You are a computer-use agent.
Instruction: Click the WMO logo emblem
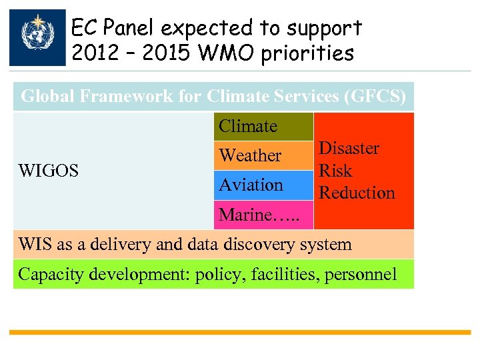pyautogui.click(x=37, y=37)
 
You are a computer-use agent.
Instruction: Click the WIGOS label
pyautogui.click(x=49, y=171)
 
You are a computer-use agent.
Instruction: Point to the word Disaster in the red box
pyautogui.click(x=349, y=149)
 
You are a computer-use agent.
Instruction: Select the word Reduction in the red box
pyautogui.click(x=357, y=193)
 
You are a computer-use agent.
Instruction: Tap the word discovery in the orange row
pyautogui.click(x=253, y=244)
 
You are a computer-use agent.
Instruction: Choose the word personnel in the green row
pyautogui.click(x=361, y=274)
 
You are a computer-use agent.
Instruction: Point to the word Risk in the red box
pyautogui.click(x=335, y=171)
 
